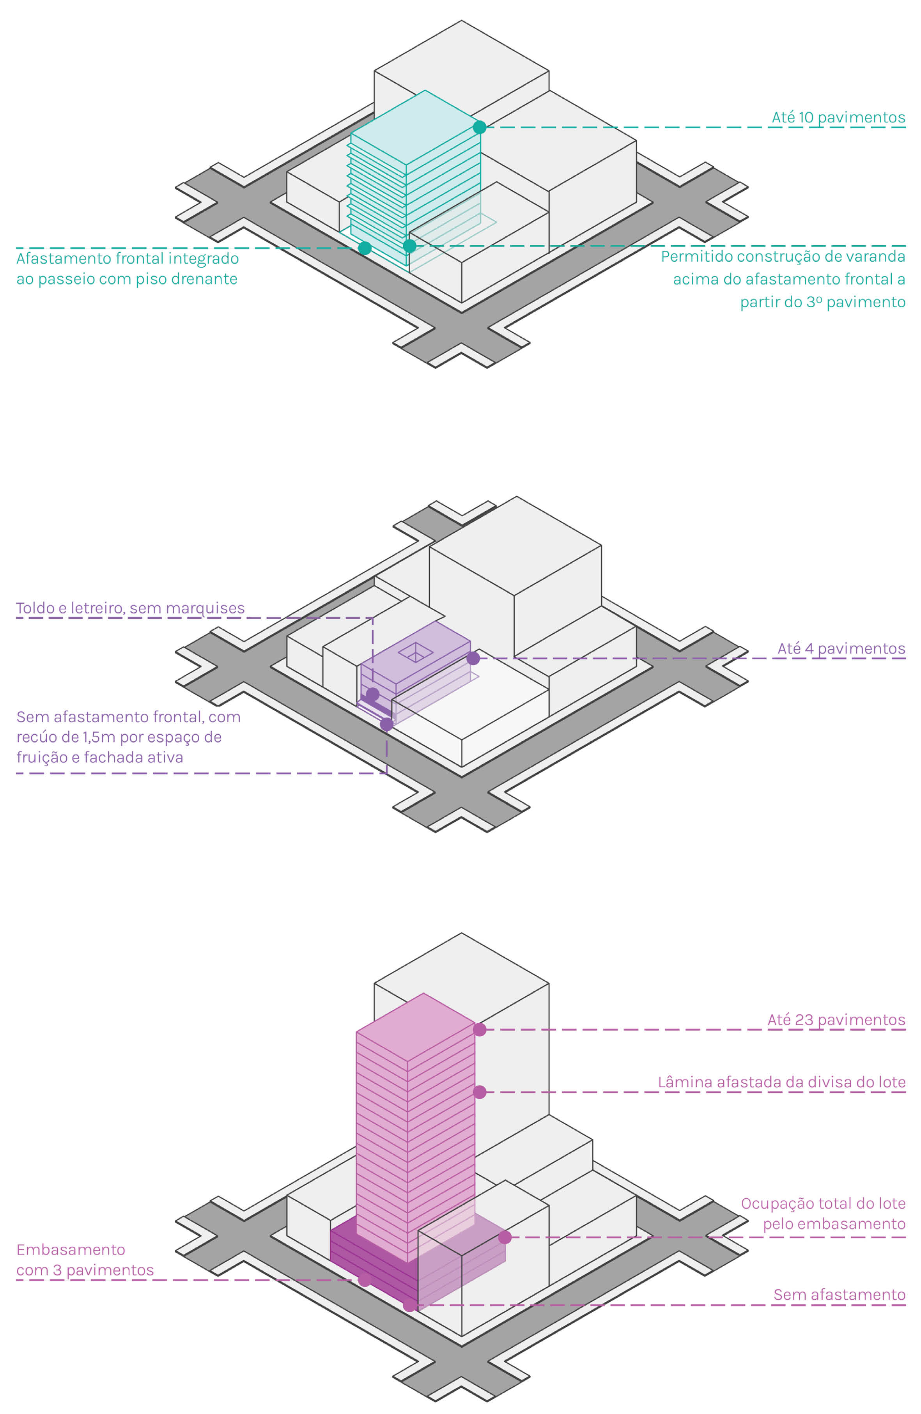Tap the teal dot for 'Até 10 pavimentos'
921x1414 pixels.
pos(480,127)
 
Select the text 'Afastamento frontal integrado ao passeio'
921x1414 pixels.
pos(127,269)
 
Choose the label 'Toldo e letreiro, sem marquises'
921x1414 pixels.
pos(130,608)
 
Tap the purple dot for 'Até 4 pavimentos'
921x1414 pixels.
pos(473,658)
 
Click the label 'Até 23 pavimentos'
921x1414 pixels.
pos(836,1019)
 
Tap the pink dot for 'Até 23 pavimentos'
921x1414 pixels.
pos(480,1029)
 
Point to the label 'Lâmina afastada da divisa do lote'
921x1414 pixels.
pos(781,1082)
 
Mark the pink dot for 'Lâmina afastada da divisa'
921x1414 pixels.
pos(480,1092)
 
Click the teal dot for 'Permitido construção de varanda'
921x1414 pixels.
pos(409,245)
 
